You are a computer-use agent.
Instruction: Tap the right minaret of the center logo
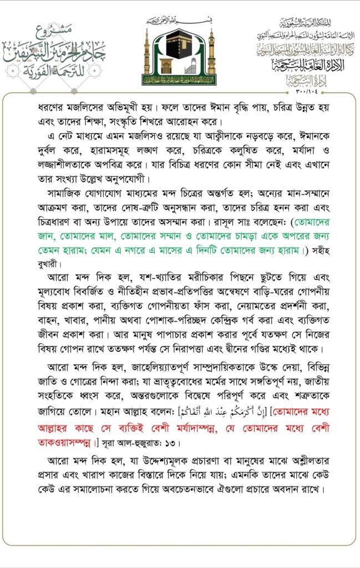pos(211,53)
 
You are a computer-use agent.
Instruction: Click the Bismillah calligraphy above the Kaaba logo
pos(179,21)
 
